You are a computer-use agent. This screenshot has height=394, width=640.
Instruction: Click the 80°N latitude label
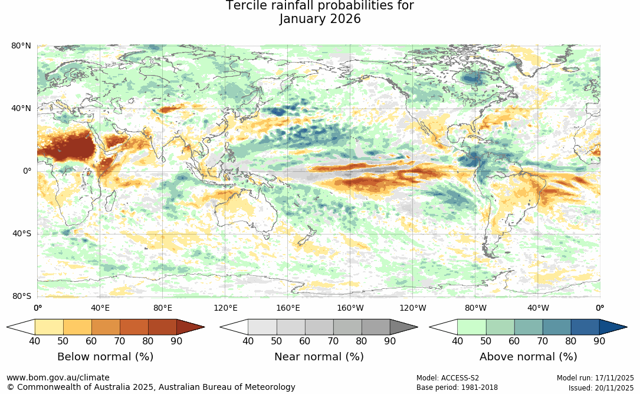22,46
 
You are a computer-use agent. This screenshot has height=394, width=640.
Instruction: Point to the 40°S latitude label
22,234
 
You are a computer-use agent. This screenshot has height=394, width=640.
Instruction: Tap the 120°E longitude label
225,308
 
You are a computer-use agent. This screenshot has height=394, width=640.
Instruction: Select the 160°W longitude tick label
350,308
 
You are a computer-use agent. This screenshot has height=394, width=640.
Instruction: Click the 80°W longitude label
475,308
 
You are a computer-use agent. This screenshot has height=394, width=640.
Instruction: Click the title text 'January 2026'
320,19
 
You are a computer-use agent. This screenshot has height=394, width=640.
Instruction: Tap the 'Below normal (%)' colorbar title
105,357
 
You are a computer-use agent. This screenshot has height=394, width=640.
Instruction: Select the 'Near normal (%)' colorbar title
319,357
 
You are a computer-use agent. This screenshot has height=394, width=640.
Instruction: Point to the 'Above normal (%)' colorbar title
528,357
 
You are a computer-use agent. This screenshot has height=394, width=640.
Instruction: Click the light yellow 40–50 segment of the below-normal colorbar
49,327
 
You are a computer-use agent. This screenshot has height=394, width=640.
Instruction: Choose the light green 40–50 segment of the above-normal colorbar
471,327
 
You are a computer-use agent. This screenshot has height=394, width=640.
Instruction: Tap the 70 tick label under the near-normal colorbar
333,341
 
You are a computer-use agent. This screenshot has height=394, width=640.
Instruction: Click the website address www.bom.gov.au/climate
58,377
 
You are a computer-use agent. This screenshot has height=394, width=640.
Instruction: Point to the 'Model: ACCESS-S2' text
448,378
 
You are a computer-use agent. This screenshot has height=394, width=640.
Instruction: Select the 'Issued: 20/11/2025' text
601,388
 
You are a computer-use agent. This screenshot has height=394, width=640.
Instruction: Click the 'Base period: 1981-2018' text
457,388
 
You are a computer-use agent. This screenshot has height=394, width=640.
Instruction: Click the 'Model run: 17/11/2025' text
595,378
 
